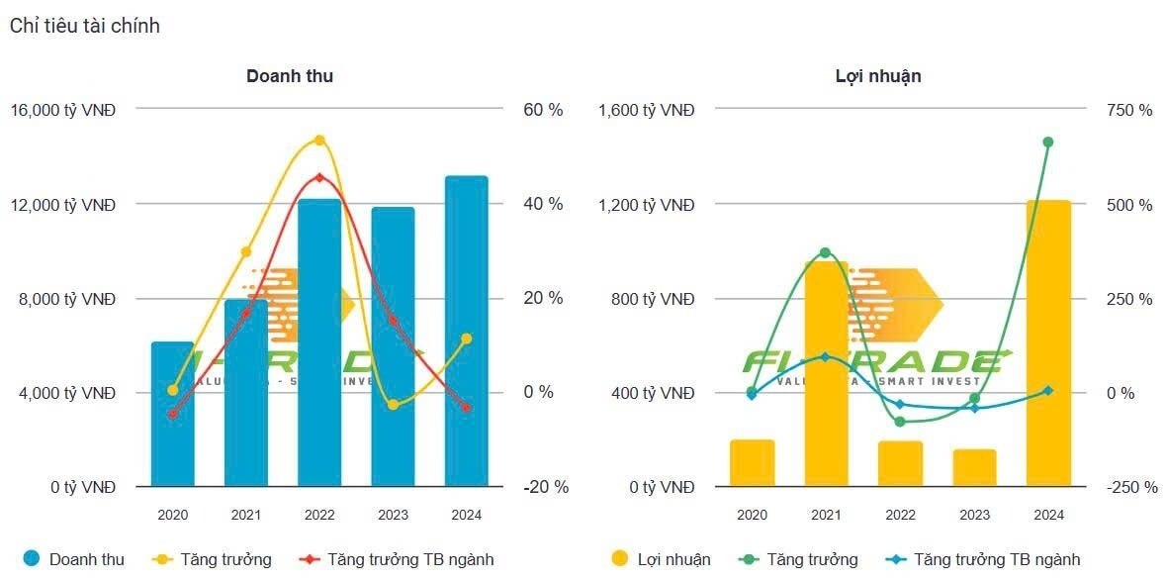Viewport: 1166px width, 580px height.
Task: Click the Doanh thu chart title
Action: (x=290, y=76)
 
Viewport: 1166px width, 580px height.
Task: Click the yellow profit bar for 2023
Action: (x=974, y=467)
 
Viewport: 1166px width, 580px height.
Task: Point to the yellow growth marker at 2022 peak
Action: (x=319, y=141)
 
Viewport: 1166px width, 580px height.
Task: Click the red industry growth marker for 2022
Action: (x=319, y=178)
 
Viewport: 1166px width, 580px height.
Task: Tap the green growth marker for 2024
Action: (x=1048, y=143)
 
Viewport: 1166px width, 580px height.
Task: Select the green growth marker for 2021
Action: (x=826, y=253)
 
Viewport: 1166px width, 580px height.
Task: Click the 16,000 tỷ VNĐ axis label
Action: (x=63, y=110)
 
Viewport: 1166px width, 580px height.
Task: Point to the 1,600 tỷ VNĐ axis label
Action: (x=647, y=110)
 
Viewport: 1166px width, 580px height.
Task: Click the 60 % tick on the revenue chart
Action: (x=542, y=110)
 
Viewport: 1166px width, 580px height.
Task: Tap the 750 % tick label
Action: (x=1128, y=110)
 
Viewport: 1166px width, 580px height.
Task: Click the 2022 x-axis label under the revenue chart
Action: (x=319, y=516)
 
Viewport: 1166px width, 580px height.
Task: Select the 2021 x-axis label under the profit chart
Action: (x=826, y=516)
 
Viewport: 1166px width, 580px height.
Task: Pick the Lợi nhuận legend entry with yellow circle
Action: (x=662, y=559)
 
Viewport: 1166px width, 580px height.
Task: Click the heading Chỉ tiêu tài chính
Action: (x=85, y=27)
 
